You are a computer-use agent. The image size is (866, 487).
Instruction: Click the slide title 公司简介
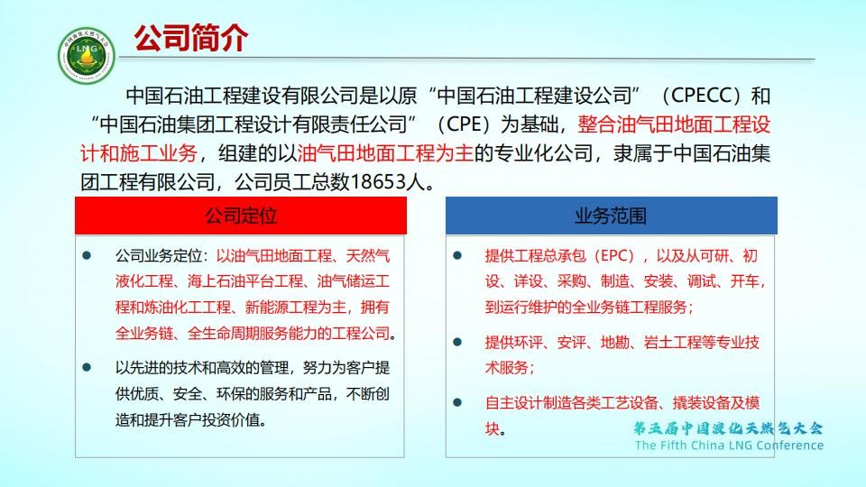coord(190,38)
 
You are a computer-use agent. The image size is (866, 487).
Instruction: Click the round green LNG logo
coord(87,56)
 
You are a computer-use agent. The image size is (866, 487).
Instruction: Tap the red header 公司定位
coord(241,216)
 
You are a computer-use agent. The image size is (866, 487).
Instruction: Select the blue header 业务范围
coord(611,216)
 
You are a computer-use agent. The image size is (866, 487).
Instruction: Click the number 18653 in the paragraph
coord(378,181)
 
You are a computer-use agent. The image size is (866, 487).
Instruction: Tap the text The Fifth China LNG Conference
coord(729,445)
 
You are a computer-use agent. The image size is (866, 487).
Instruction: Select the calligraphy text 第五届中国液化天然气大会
coord(728,427)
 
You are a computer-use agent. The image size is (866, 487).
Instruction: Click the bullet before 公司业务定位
coord(87,255)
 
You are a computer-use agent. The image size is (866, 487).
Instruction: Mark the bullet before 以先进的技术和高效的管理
coord(87,367)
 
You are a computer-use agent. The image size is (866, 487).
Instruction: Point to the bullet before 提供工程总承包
coord(457,255)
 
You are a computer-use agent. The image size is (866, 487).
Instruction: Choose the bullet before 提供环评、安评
coord(457,342)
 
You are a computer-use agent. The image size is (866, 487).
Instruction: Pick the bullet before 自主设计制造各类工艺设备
coord(457,402)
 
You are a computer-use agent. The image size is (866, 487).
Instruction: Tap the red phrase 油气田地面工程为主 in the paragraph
coord(385,153)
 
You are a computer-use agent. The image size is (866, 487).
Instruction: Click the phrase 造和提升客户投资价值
coord(188,420)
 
